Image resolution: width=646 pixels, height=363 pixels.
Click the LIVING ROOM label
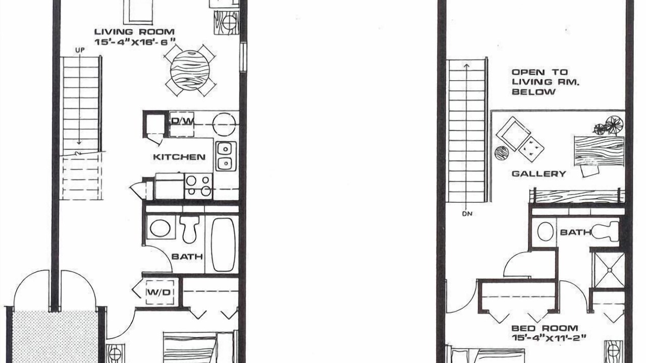click(134, 32)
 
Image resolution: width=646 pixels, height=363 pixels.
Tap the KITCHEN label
click(179, 157)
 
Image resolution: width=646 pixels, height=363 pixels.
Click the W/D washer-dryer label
click(159, 292)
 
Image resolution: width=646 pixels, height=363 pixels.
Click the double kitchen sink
click(227, 156)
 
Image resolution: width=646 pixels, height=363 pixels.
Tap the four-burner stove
click(198, 186)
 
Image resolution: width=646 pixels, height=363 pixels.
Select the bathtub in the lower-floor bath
click(223, 245)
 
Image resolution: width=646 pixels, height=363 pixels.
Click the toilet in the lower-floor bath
click(189, 228)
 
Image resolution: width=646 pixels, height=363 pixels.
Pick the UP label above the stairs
click(80, 50)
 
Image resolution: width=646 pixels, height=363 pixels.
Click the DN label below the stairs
click(467, 214)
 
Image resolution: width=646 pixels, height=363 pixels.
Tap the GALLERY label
click(539, 174)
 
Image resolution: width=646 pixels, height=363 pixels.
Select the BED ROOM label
click(545, 328)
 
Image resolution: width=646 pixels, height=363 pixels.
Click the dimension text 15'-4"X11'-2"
click(549, 338)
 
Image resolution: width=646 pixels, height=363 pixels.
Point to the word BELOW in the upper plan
click(533, 92)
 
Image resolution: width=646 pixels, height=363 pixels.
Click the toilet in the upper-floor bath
click(606, 231)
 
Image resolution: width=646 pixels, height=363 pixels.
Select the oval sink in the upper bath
click(546, 231)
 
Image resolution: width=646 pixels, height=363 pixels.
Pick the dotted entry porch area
click(55, 336)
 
